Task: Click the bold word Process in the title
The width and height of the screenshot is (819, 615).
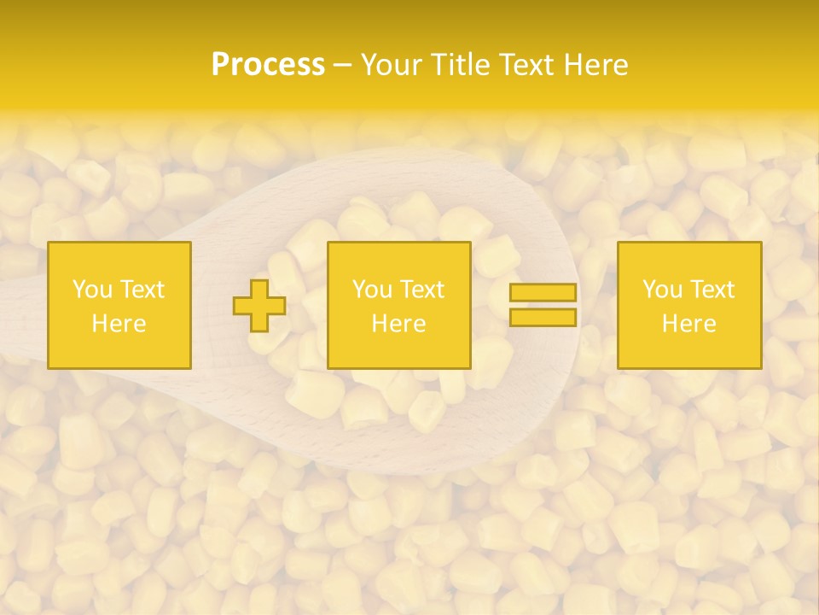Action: click(x=268, y=65)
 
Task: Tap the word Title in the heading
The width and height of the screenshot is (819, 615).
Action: click(x=461, y=65)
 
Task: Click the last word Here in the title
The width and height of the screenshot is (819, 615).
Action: click(x=596, y=65)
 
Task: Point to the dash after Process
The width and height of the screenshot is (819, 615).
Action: click(x=343, y=65)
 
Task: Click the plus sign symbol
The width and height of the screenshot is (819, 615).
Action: click(x=259, y=305)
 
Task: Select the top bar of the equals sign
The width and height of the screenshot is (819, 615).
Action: click(x=543, y=292)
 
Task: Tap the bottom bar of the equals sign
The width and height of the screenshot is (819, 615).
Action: click(x=543, y=317)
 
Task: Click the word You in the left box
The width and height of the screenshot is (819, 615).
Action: click(x=93, y=290)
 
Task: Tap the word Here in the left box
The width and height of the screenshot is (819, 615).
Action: click(x=119, y=324)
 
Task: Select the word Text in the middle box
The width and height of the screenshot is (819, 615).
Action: click(x=422, y=290)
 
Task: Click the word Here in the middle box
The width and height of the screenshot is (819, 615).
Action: click(x=398, y=324)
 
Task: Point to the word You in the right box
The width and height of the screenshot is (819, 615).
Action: click(x=663, y=290)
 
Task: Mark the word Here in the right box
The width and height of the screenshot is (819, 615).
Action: click(x=688, y=324)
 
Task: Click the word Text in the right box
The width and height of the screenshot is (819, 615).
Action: click(x=712, y=290)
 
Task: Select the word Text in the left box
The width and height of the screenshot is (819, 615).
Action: click(x=142, y=290)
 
